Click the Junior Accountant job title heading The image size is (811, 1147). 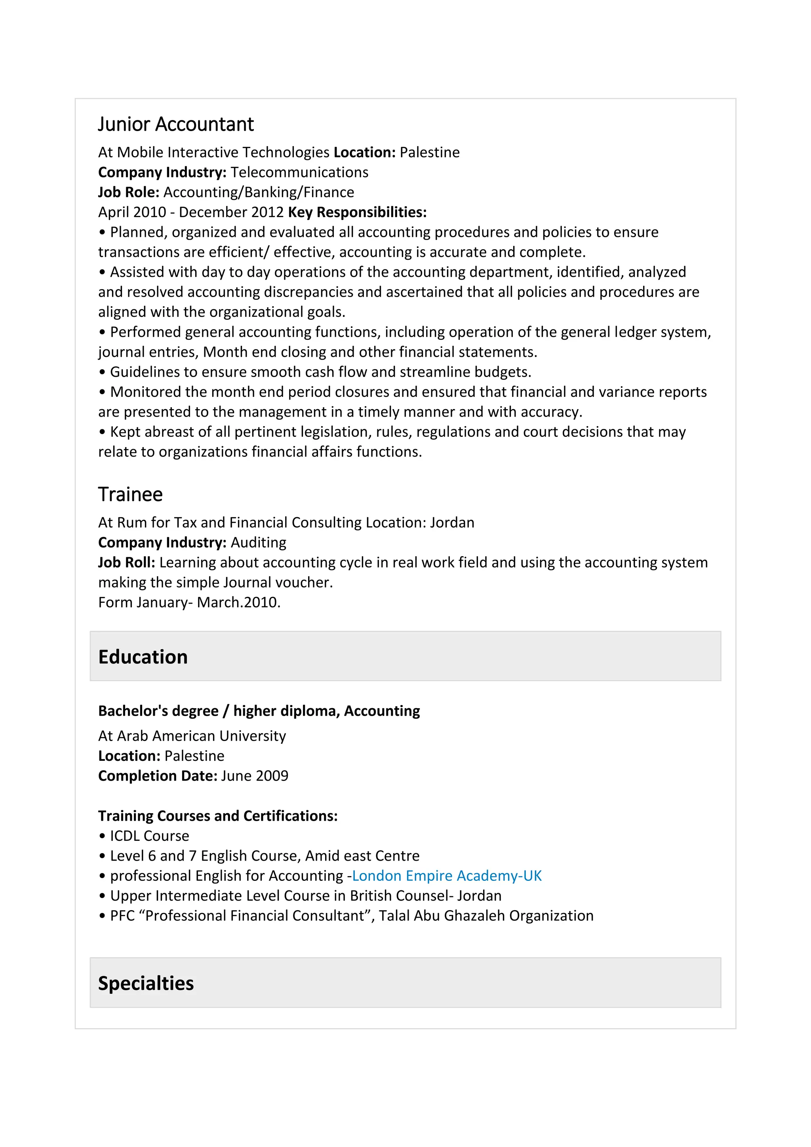(x=175, y=124)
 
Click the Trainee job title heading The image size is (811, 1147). (x=130, y=495)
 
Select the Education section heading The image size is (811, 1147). (x=143, y=657)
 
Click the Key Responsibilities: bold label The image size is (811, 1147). (x=357, y=212)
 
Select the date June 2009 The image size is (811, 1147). (x=255, y=776)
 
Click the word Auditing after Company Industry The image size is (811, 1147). (x=258, y=543)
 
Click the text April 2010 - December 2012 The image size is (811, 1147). (x=191, y=212)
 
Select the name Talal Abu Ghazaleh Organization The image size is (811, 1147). (x=486, y=916)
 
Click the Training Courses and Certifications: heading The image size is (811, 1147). (x=218, y=816)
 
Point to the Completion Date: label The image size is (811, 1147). (x=157, y=776)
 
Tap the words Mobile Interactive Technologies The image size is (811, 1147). (x=223, y=152)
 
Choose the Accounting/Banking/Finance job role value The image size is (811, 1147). (x=259, y=192)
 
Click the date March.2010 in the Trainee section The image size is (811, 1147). (x=238, y=602)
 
